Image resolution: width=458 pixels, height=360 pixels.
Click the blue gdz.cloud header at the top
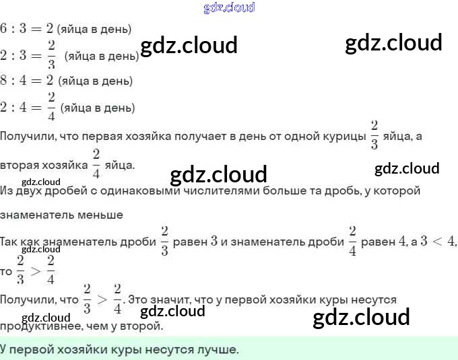[x=229, y=7]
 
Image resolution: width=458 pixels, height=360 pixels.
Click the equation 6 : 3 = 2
[x=26, y=29]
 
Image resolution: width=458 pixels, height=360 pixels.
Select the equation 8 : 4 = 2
[x=26, y=81]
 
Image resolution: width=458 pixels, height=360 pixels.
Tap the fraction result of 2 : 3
[x=52, y=56]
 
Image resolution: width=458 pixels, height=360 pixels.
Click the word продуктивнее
[x=38, y=326]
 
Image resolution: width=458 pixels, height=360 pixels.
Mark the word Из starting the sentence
[x=7, y=190]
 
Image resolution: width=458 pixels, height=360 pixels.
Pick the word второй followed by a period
[x=143, y=326]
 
